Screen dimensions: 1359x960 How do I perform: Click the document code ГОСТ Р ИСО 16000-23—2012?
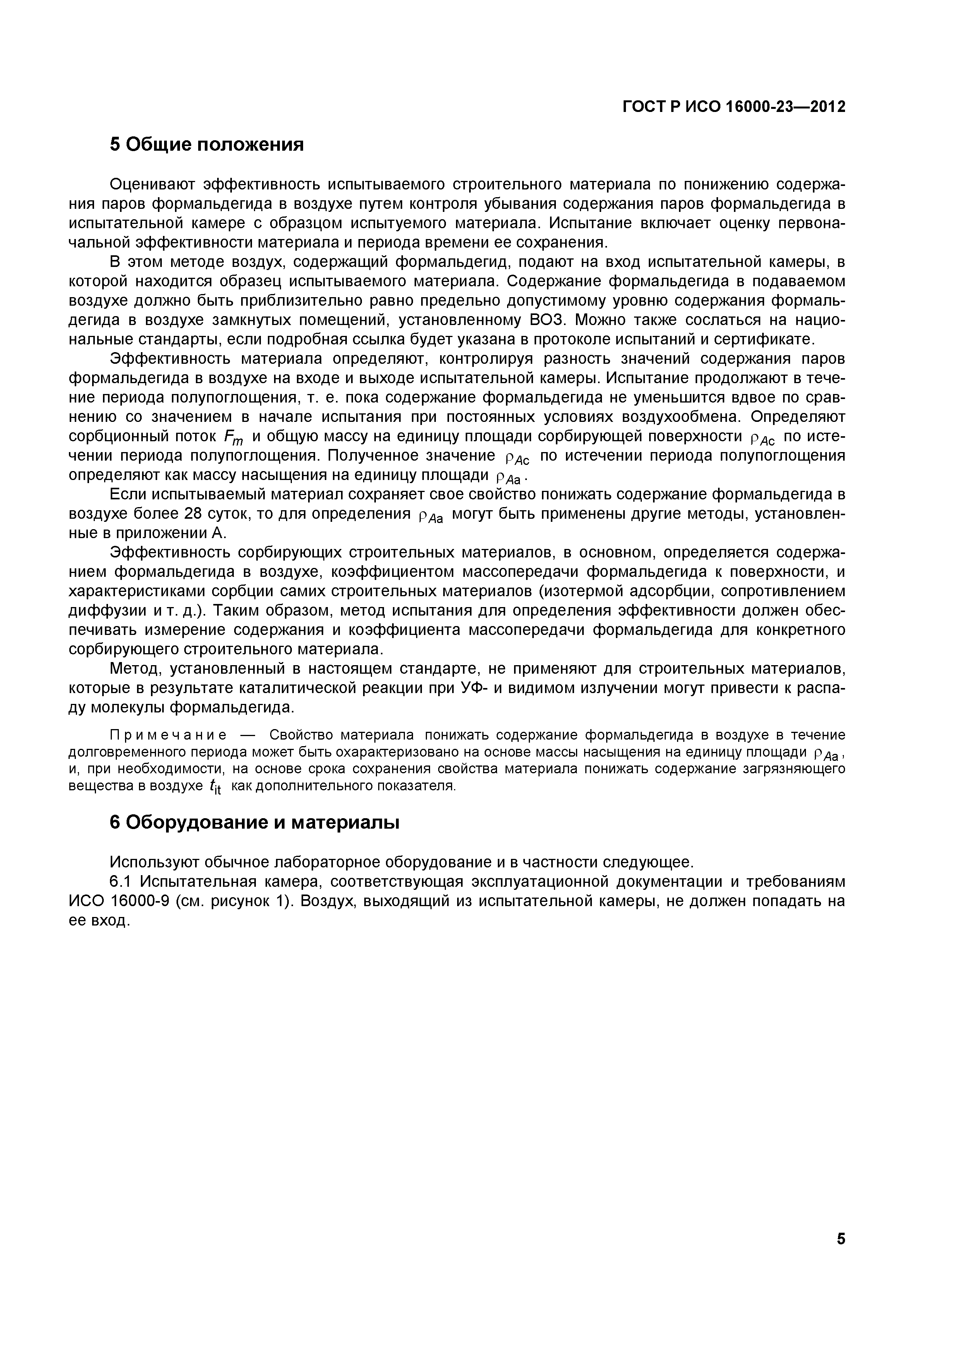734,107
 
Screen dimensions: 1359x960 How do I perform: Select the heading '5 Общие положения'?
207,144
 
